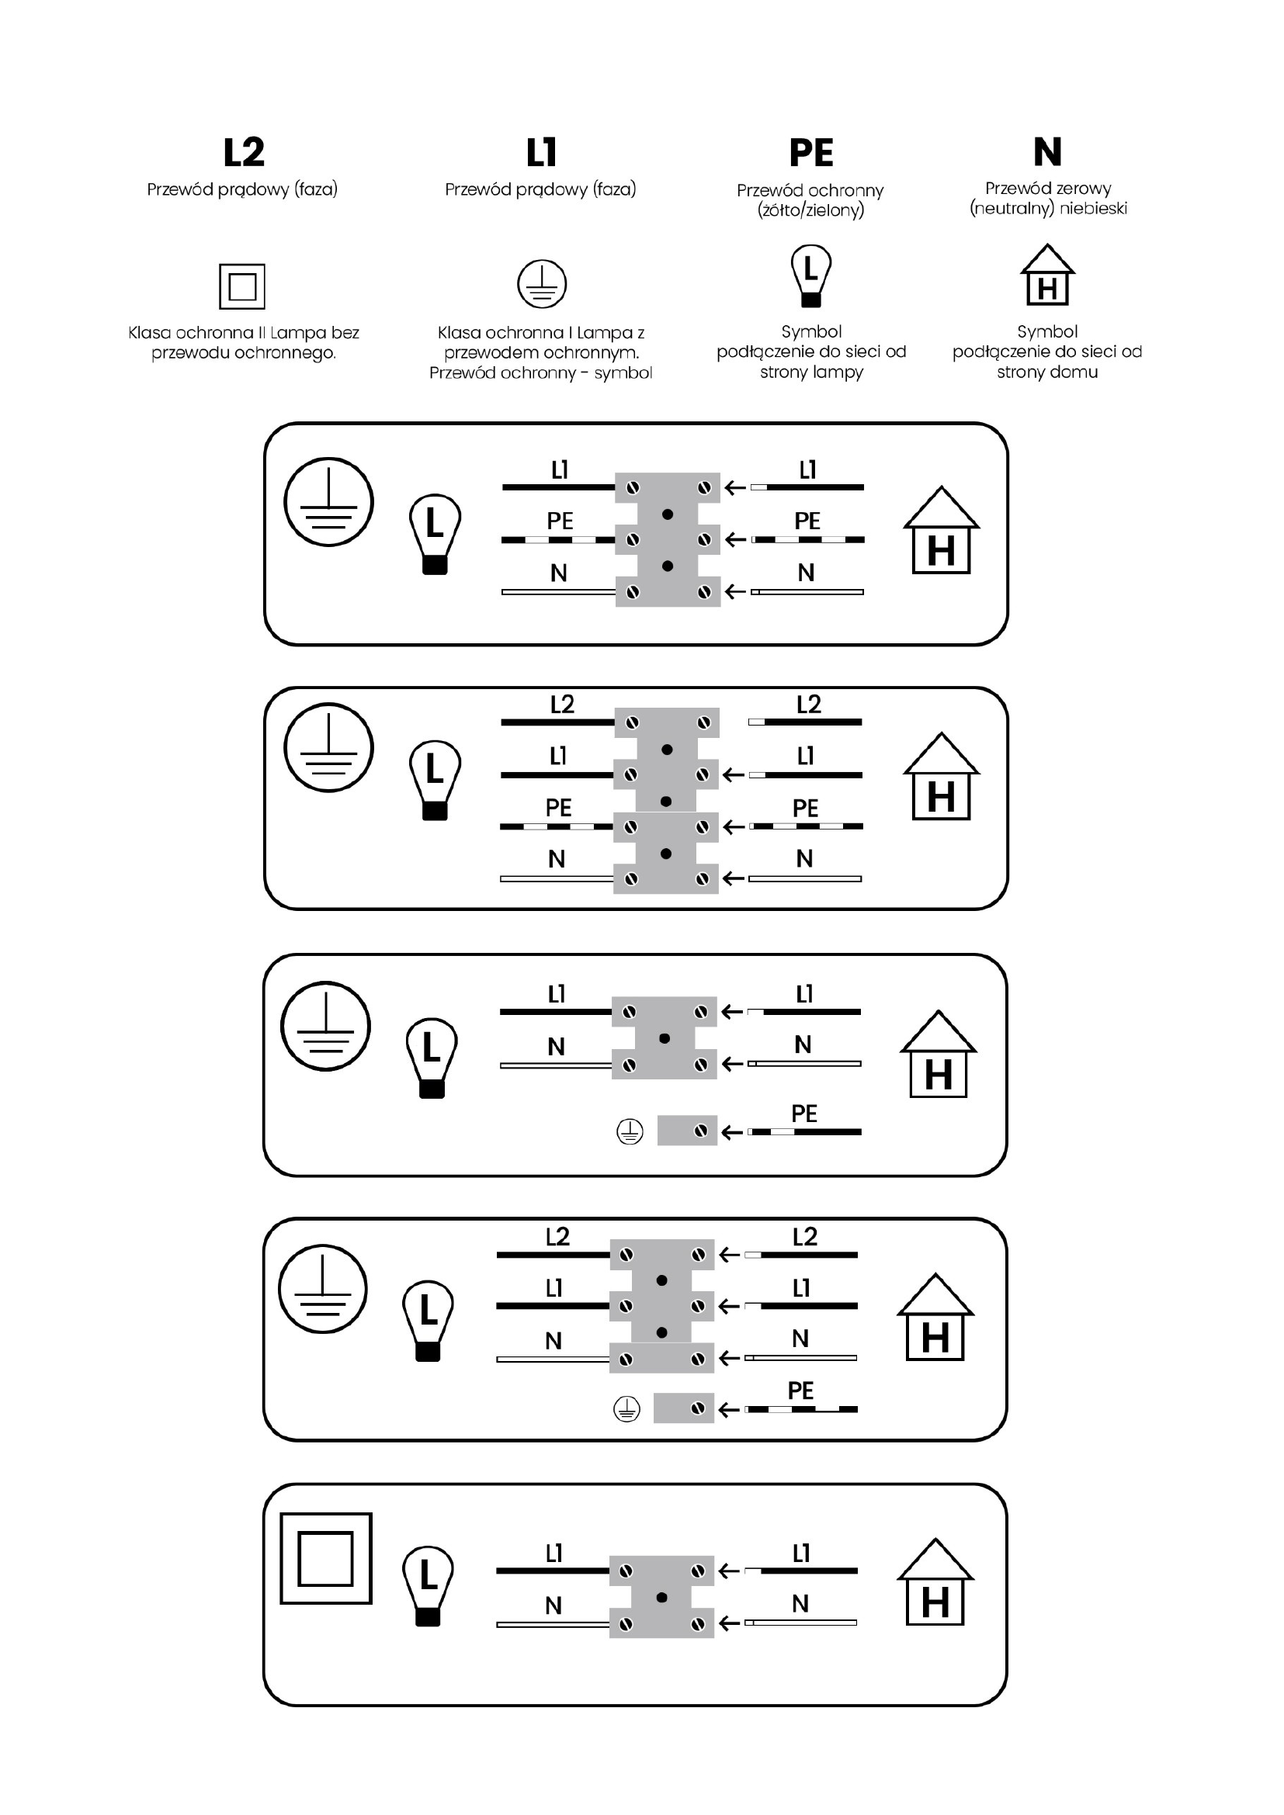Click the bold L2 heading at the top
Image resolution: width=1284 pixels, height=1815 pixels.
coord(244,152)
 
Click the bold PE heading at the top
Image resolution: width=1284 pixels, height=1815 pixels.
coord(811,153)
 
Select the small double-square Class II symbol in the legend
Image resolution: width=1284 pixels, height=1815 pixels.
coord(242,286)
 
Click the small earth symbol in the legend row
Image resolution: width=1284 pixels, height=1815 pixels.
coord(542,284)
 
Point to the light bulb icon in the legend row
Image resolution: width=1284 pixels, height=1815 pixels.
coord(811,275)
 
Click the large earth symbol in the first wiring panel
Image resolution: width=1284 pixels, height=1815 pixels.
coord(328,502)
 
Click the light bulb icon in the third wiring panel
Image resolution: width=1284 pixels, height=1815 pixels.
coord(432,1058)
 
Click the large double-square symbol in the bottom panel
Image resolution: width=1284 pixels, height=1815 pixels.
coord(326,1558)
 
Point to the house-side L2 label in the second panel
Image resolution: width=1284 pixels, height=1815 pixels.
coord(808,705)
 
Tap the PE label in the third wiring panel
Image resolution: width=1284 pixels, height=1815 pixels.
coord(803,1114)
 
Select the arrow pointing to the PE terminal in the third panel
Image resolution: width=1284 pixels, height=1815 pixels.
coord(731,1132)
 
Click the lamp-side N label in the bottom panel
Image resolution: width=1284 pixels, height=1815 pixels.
coord(554,1605)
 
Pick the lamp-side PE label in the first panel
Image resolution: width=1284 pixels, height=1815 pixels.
coord(560,521)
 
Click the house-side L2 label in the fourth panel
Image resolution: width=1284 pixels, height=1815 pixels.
coord(804,1236)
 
